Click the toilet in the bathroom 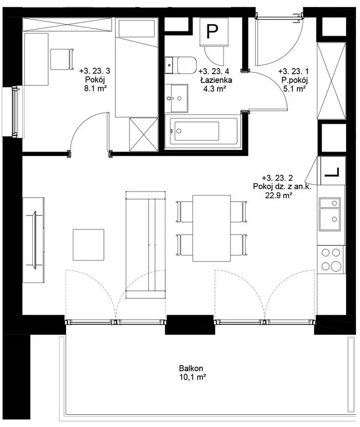coord(181,66)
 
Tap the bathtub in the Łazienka coord(203,132)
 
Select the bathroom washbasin coord(177,98)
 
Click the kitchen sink coord(330,215)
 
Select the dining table coord(211,228)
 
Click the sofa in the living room coord(145,245)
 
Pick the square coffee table coord(89,245)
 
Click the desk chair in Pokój coord(62,59)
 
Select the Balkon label coord(191,369)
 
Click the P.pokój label coord(294,80)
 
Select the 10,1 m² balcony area coord(192,377)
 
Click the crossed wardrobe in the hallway coord(331,81)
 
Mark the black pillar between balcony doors coord(190,325)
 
